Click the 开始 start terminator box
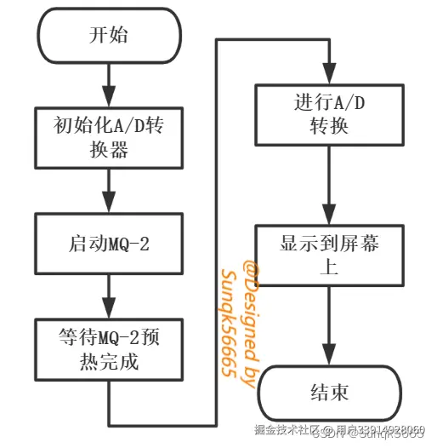pyautogui.click(x=109, y=36)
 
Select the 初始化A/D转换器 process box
pyautogui.click(x=109, y=137)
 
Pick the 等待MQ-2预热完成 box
pyautogui.click(x=109, y=348)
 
